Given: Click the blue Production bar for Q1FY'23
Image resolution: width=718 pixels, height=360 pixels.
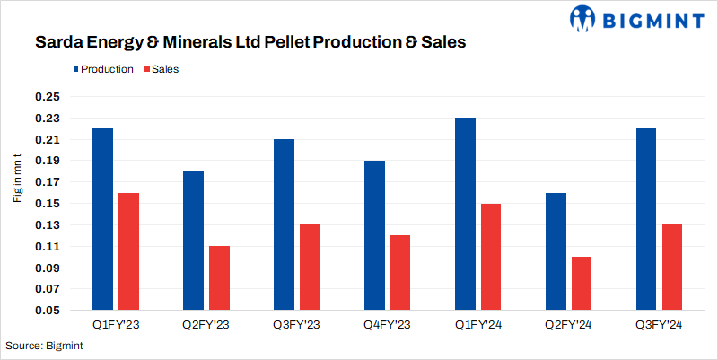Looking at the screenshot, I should click(102, 220).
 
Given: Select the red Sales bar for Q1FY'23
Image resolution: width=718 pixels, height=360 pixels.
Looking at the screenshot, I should click(128, 252).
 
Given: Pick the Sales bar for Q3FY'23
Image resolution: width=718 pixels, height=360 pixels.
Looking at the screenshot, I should click(310, 268).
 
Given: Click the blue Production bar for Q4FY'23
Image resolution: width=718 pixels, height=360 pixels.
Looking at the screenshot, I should click(374, 236).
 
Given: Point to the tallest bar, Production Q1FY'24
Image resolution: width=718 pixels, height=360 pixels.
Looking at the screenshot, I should click(465, 215).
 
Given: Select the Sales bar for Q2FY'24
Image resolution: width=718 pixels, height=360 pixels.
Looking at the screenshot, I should click(582, 284).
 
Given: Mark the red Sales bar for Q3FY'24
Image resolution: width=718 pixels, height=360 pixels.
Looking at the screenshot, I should click(672, 268).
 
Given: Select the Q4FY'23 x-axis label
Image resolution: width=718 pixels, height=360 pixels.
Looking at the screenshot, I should click(387, 325).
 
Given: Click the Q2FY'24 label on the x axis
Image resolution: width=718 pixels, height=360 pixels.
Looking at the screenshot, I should click(568, 325).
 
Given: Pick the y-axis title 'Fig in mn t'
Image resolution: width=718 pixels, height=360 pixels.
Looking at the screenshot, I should click(18, 178).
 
